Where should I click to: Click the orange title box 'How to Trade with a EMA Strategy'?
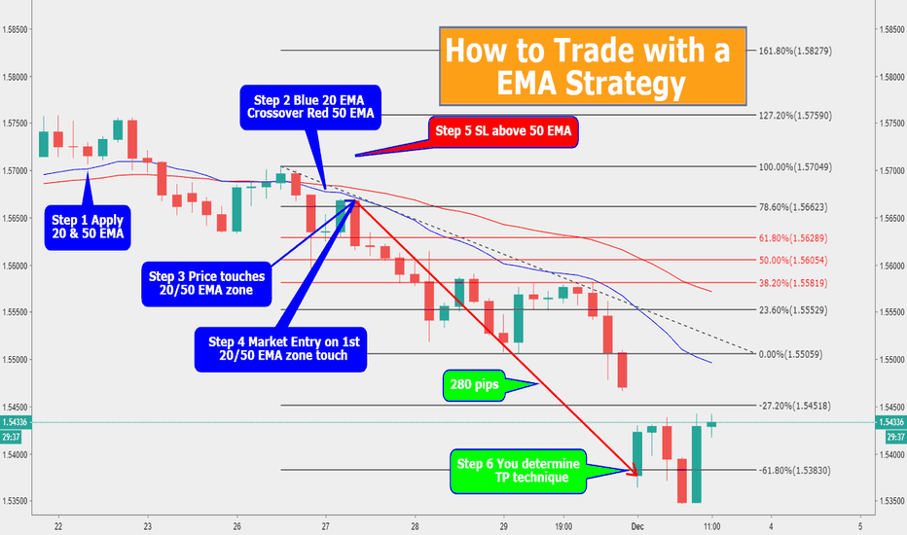coord(593,66)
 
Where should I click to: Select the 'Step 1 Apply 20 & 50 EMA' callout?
coord(88,228)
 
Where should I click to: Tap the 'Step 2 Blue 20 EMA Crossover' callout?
coord(310,107)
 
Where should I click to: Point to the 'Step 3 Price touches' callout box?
coord(206,283)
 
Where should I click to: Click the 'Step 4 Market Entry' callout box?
coord(280,349)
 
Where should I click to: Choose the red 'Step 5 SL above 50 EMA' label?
coord(503,131)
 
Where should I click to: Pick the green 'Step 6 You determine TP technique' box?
coord(519,472)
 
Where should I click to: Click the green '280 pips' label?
coord(474,385)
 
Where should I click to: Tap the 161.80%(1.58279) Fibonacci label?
coord(795,51)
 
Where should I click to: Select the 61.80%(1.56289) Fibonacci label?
coord(793,237)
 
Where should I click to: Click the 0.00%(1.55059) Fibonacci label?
coord(791,354)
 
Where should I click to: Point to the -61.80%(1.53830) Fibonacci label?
coord(795,470)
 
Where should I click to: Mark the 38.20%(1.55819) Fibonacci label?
coord(793,283)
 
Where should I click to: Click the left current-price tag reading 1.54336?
coord(12,422)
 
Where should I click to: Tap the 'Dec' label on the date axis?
coord(637,526)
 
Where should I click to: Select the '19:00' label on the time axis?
coord(563,526)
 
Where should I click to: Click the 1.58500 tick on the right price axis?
coord(890,29)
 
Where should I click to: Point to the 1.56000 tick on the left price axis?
coord(14,267)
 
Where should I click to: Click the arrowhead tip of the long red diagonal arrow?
coord(636,476)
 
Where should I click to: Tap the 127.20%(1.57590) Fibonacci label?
coord(795,115)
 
